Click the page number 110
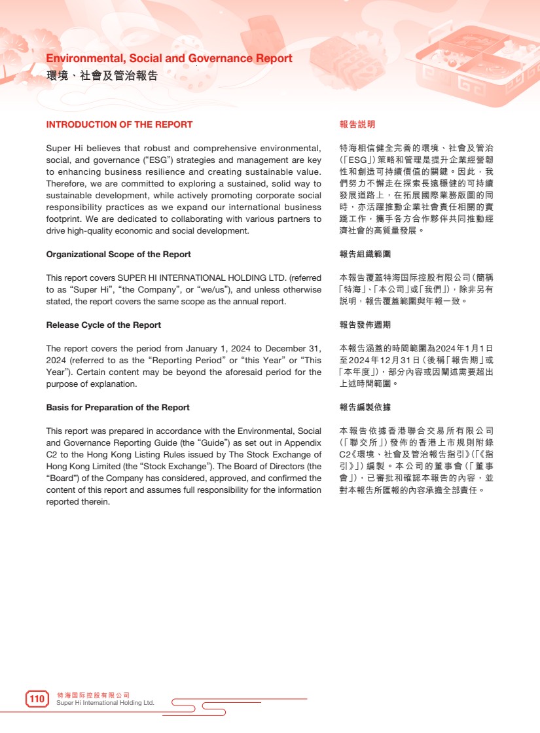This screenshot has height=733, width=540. [x=37, y=699]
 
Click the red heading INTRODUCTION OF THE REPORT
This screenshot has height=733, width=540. [x=119, y=124]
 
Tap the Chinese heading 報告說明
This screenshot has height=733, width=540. [x=357, y=124]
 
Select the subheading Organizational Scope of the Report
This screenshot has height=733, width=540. [x=118, y=254]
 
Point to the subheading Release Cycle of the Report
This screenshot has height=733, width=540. [x=103, y=325]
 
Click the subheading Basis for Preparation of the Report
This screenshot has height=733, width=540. [x=118, y=408]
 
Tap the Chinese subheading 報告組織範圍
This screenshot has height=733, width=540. [x=365, y=254]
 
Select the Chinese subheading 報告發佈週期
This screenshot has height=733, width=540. [x=365, y=325]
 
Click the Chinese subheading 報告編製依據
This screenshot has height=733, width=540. [x=365, y=408]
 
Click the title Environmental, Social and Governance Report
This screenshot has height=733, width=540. [x=169, y=58]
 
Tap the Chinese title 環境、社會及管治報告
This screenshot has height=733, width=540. [x=102, y=75]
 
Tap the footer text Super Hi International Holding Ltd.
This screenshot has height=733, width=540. [x=105, y=703]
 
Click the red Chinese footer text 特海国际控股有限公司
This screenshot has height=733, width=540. [x=94, y=694]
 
